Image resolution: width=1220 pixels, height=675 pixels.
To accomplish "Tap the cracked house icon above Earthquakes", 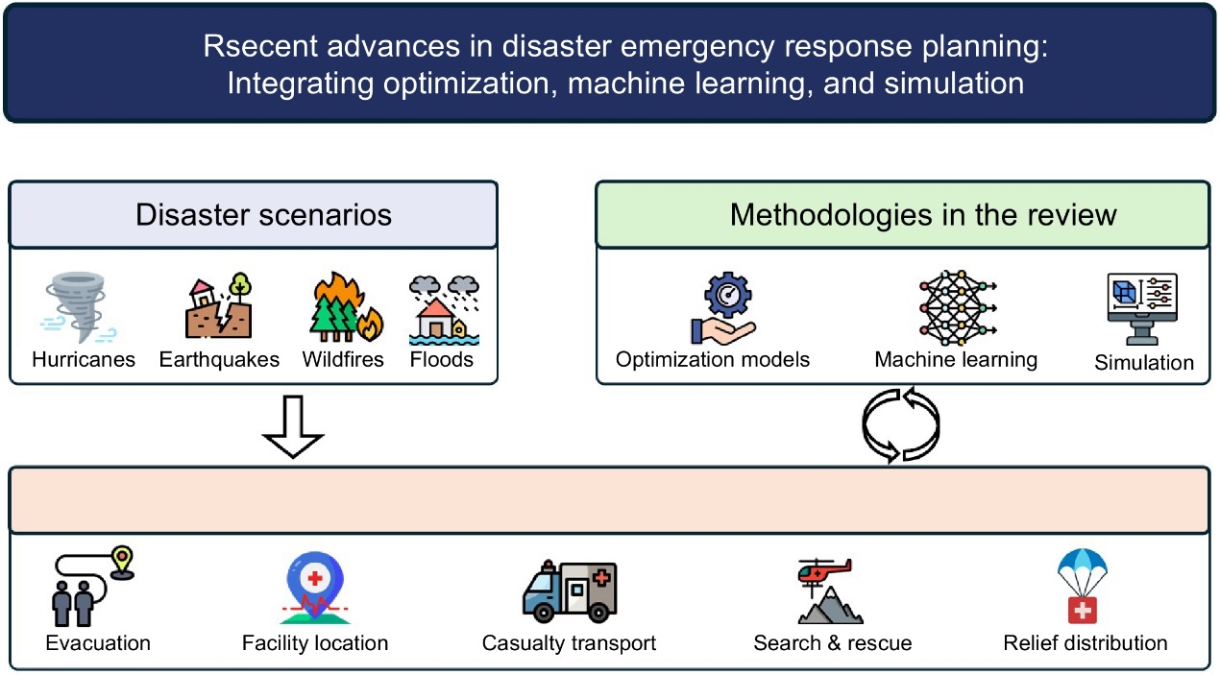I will click(219, 307).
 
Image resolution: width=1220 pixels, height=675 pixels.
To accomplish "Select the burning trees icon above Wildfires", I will click(343, 307).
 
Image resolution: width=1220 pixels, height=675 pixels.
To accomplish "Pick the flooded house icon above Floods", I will click(442, 309).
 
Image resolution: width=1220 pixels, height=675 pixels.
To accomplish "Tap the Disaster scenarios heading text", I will click(263, 214).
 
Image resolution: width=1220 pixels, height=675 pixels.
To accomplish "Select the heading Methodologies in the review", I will click(922, 214).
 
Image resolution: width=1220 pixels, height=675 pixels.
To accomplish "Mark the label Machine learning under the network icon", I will click(956, 360).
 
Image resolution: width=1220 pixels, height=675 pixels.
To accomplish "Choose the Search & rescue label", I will click(832, 642).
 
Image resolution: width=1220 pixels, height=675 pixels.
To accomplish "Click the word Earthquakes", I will click(219, 360).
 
